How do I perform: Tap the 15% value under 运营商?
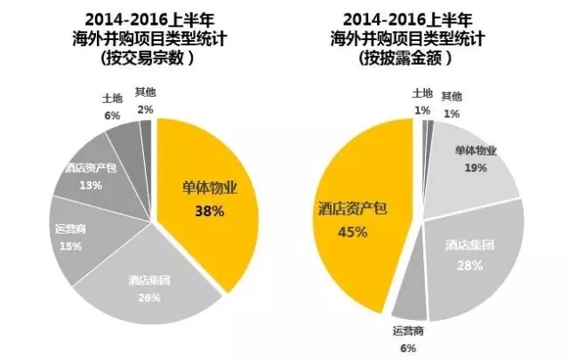tap(61, 245)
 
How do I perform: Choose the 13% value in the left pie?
tap(90, 184)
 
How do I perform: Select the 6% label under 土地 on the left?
tap(112, 115)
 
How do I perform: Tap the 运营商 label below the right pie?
tap(409, 332)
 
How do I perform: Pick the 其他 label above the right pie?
tap(452, 95)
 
